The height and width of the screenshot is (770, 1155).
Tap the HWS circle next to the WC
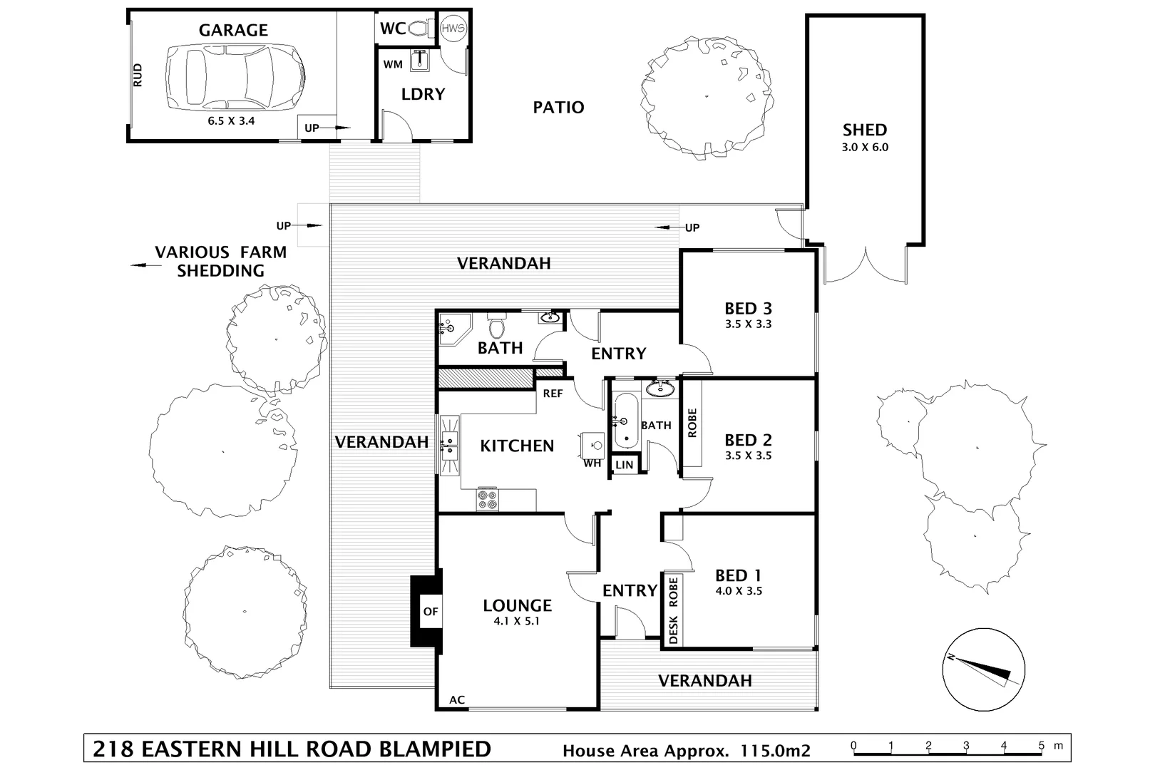coord(453,29)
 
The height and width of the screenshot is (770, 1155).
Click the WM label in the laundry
coord(393,64)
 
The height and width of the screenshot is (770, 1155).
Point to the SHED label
coord(865,130)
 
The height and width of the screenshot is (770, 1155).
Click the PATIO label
coord(558,108)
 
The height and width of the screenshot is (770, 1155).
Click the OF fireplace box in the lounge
coord(431,611)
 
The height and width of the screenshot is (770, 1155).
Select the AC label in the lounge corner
coord(457,699)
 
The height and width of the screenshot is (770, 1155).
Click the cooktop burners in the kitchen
coord(488,499)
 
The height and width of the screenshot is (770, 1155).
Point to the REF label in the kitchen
coord(553,394)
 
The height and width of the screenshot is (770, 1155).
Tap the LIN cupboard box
coord(624,465)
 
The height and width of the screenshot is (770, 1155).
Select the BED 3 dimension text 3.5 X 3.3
coord(748,324)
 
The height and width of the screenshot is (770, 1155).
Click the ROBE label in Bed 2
coord(692,422)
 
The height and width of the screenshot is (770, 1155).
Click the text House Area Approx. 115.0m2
coord(686,750)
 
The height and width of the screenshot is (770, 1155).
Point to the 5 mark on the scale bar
coord(1042,746)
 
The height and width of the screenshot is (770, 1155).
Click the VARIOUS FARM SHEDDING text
coord(220,262)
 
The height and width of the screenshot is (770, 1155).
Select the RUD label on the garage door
coord(138,76)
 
